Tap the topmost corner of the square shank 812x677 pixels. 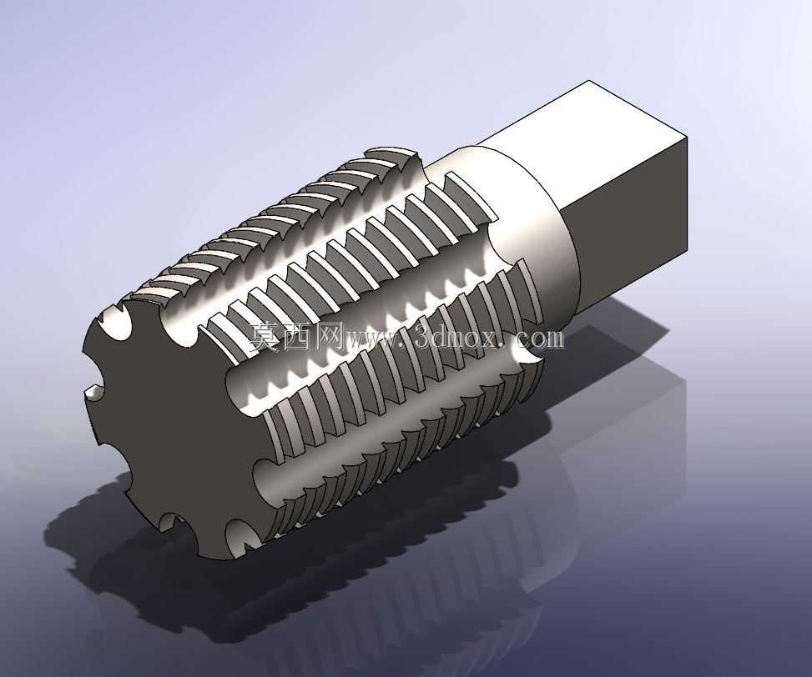589,81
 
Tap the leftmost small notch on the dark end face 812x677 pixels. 93,392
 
